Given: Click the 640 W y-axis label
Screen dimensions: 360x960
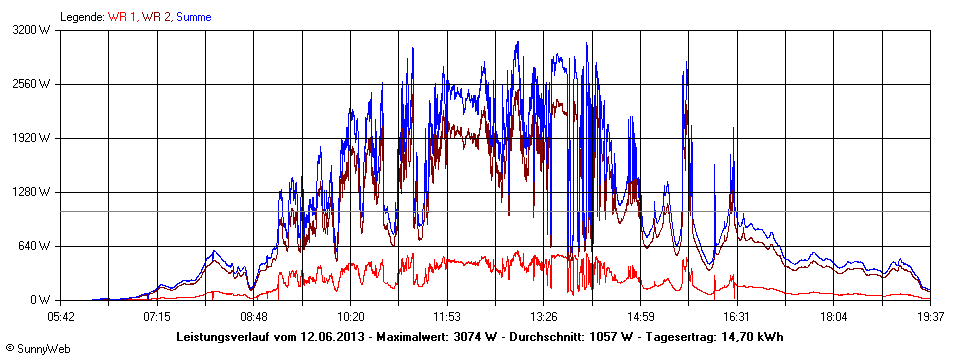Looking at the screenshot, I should click(38, 246).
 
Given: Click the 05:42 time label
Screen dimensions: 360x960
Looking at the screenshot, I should click(61, 317).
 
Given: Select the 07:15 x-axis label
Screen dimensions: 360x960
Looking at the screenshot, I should click(157, 317).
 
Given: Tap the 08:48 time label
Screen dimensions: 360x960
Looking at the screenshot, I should click(254, 317).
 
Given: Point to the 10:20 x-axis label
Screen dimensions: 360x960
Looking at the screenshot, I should click(350, 317).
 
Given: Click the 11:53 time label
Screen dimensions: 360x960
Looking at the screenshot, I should click(447, 317).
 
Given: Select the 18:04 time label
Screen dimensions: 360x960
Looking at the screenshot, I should click(833, 317).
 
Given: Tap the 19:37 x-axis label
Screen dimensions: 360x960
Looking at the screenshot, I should click(930, 317).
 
